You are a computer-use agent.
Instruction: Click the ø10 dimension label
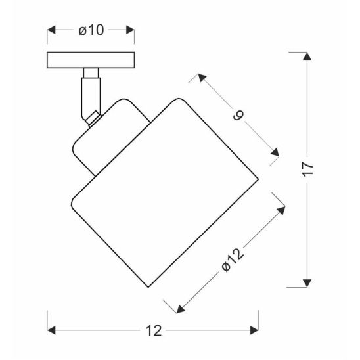point(91,30)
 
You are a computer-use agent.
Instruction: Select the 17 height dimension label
point(307,169)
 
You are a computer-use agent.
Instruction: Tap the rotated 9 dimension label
point(238,116)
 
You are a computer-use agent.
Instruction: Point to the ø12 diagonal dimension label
point(233,260)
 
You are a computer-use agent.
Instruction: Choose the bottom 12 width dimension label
point(154,331)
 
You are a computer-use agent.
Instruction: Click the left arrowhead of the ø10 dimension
point(51,30)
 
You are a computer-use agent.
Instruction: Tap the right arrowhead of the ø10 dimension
point(130,30)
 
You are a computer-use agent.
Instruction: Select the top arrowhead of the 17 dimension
point(307,56)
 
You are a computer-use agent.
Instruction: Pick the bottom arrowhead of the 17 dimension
point(307,283)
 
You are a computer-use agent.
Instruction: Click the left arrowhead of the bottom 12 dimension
point(51,330)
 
